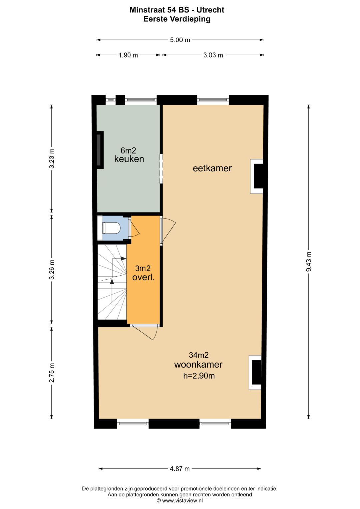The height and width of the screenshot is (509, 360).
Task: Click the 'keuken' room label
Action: click(129, 159)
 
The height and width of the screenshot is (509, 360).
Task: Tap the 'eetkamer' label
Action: click(212, 168)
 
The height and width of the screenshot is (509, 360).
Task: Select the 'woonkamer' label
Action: click(198, 365)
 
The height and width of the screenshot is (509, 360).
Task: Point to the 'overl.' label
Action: click(143, 277)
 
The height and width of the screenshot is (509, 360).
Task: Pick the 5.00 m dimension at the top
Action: click(180, 40)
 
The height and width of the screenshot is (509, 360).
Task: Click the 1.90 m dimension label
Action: click(128, 55)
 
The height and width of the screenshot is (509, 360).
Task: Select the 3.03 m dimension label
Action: click(213, 55)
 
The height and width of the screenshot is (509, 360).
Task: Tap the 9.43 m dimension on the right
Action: click(309, 261)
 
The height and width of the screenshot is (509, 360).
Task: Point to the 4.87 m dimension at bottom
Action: click(180, 469)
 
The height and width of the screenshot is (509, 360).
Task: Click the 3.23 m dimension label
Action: click(52, 159)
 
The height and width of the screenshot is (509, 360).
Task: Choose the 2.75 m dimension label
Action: click(52, 373)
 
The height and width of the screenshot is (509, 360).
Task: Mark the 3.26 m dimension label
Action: click(52, 269)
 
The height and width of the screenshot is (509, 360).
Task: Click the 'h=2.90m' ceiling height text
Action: click(199, 376)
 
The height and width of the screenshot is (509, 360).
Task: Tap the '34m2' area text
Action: click(199, 355)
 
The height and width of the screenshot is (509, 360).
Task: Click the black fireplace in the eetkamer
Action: click(258, 176)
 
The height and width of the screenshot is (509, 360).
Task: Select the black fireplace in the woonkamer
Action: click(256, 372)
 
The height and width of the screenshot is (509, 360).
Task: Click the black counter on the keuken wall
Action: click(100, 150)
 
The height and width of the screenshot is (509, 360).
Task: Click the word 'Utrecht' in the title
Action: click(210, 10)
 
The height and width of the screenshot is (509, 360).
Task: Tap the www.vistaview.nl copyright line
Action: click(180, 500)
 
